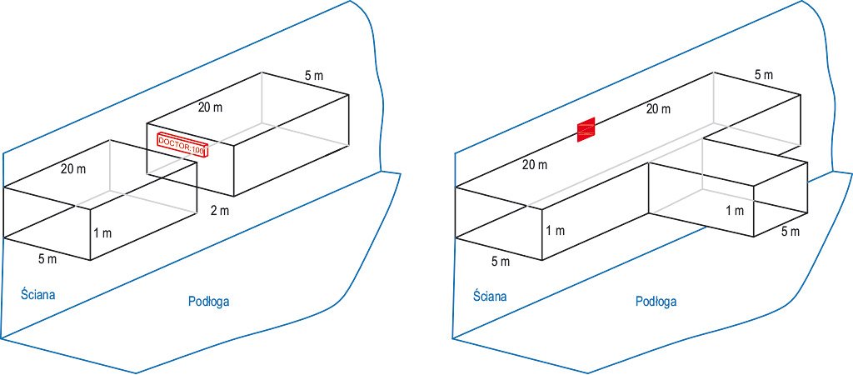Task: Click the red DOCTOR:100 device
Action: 182,144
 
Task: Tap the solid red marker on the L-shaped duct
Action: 587,128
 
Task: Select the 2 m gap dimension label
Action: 219,210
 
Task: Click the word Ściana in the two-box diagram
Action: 37,292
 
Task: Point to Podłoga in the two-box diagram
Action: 208,302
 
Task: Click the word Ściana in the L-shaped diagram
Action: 490,295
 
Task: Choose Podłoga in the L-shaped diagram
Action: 656,302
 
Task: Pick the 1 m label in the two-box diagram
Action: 102,233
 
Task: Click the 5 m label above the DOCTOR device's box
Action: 314,76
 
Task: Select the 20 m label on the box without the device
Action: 73,169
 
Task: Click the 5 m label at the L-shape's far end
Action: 763,75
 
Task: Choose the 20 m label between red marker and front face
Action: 536,164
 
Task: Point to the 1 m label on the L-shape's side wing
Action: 734,211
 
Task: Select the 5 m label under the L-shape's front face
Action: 500,262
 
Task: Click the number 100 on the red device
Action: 197,149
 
